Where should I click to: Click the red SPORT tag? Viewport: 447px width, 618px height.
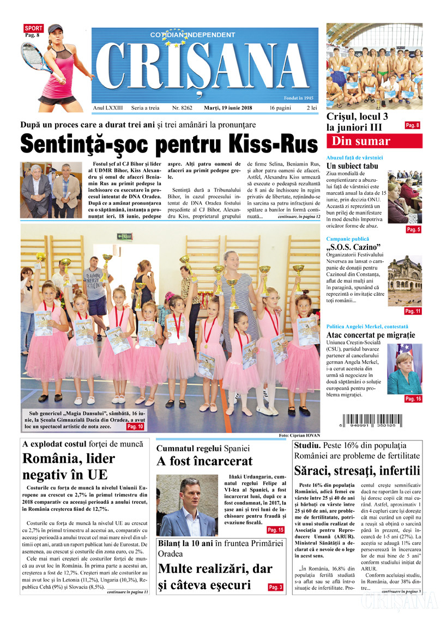tap(33, 27)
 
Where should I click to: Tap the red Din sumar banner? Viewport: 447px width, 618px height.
tap(374, 142)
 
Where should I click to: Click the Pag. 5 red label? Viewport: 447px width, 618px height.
tap(413, 230)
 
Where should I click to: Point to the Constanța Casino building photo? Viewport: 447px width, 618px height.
tap(404, 280)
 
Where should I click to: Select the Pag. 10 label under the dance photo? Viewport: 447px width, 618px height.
tap(135, 427)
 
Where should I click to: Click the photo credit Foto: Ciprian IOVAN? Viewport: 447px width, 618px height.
tap(298, 436)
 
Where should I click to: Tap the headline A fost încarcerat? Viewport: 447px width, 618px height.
tap(204, 462)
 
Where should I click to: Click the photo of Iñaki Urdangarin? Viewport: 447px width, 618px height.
tap(186, 505)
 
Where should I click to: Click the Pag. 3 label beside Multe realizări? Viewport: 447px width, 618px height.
tap(276, 588)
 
